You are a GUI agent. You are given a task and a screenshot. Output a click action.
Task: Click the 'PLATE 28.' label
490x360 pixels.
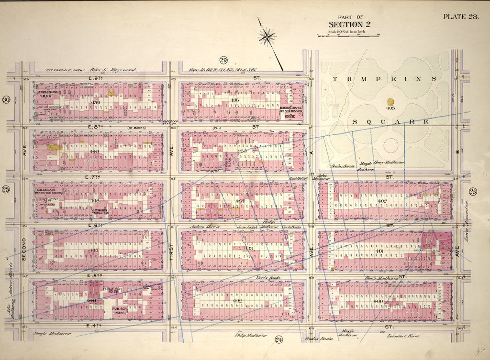[x=461, y=17]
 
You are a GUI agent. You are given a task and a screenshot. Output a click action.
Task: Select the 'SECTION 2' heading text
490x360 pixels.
[x=349, y=24]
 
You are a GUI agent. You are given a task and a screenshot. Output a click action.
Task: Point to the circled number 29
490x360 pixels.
[x=223, y=60]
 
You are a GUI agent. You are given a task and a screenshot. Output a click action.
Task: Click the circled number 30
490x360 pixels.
[x=6, y=99]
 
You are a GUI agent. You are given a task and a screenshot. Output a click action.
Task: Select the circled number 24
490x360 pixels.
[x=279, y=340]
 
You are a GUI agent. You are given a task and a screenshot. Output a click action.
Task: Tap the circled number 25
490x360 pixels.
[x=473, y=192]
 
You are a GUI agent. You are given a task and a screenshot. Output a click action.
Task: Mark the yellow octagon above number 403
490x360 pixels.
[x=390, y=102]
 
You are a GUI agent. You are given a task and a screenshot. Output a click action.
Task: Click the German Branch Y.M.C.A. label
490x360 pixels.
[x=50, y=94]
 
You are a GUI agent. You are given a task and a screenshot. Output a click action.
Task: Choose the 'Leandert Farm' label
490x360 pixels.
[x=404, y=336]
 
